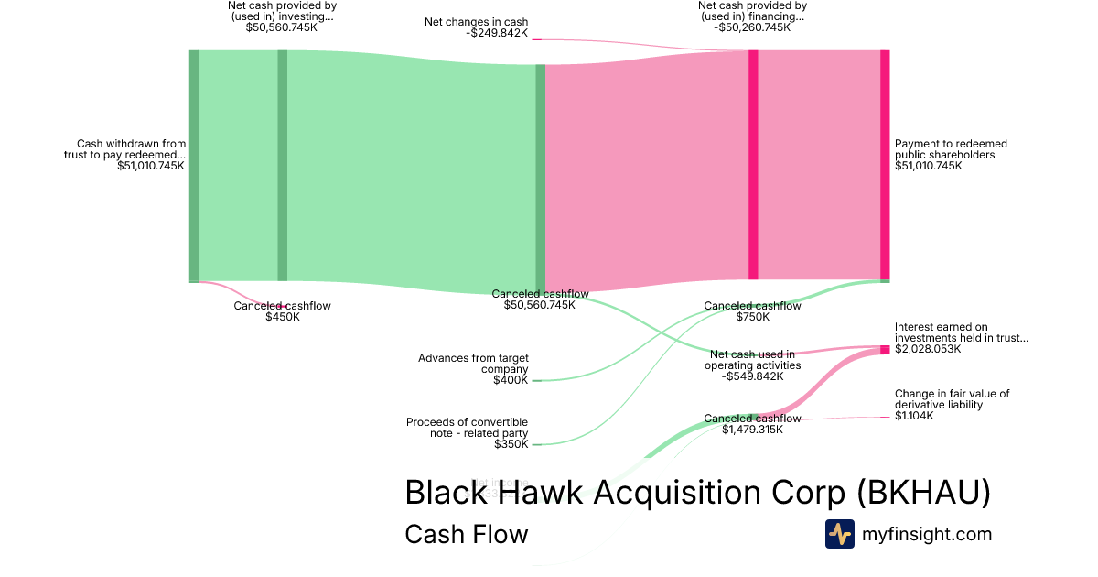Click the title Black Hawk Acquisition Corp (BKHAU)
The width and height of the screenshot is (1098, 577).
click(697, 493)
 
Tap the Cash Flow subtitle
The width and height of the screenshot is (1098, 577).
click(466, 534)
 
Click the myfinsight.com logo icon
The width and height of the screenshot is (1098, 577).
click(839, 534)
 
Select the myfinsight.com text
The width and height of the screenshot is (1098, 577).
click(927, 534)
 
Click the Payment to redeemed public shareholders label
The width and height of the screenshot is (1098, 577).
click(951, 149)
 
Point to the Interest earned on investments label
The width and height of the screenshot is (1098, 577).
click(961, 332)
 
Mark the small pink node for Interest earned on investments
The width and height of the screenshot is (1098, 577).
click(885, 350)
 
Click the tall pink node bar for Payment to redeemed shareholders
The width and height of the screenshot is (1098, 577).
click(885, 165)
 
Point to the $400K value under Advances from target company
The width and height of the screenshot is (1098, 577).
click(511, 380)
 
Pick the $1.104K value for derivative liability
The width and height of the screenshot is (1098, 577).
click(914, 416)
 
